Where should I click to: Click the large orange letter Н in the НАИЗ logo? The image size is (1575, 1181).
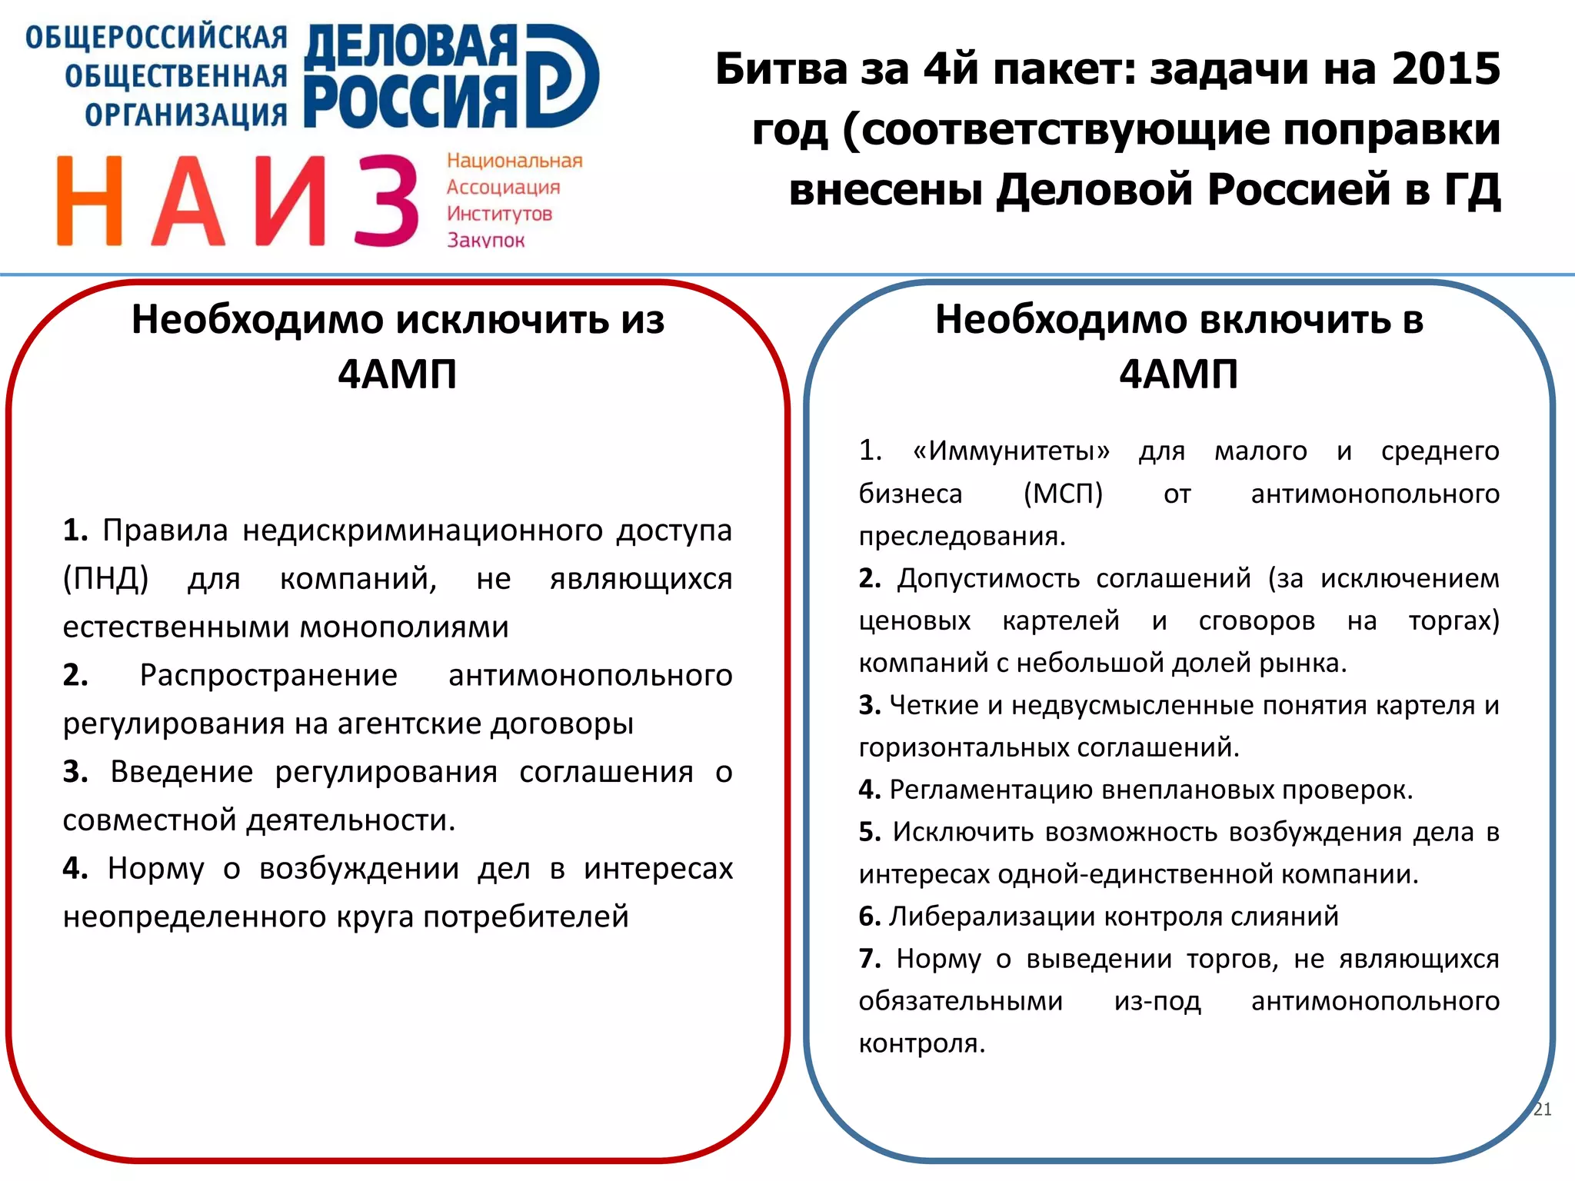(x=89, y=201)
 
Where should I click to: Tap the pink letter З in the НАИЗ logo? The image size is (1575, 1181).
(x=387, y=201)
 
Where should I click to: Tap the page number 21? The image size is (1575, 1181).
(x=1542, y=1109)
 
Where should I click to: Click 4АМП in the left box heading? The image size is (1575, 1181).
(x=398, y=374)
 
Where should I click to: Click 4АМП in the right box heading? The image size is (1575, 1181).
(x=1178, y=374)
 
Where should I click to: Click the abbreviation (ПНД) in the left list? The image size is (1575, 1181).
(x=105, y=578)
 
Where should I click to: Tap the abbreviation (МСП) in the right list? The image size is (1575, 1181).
(x=1063, y=493)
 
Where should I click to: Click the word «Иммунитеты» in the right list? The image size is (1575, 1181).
(x=1011, y=451)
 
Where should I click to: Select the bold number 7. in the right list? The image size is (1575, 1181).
(x=870, y=959)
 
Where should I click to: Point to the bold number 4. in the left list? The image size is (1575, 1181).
(x=75, y=868)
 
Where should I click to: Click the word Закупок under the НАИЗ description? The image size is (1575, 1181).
(x=486, y=240)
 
